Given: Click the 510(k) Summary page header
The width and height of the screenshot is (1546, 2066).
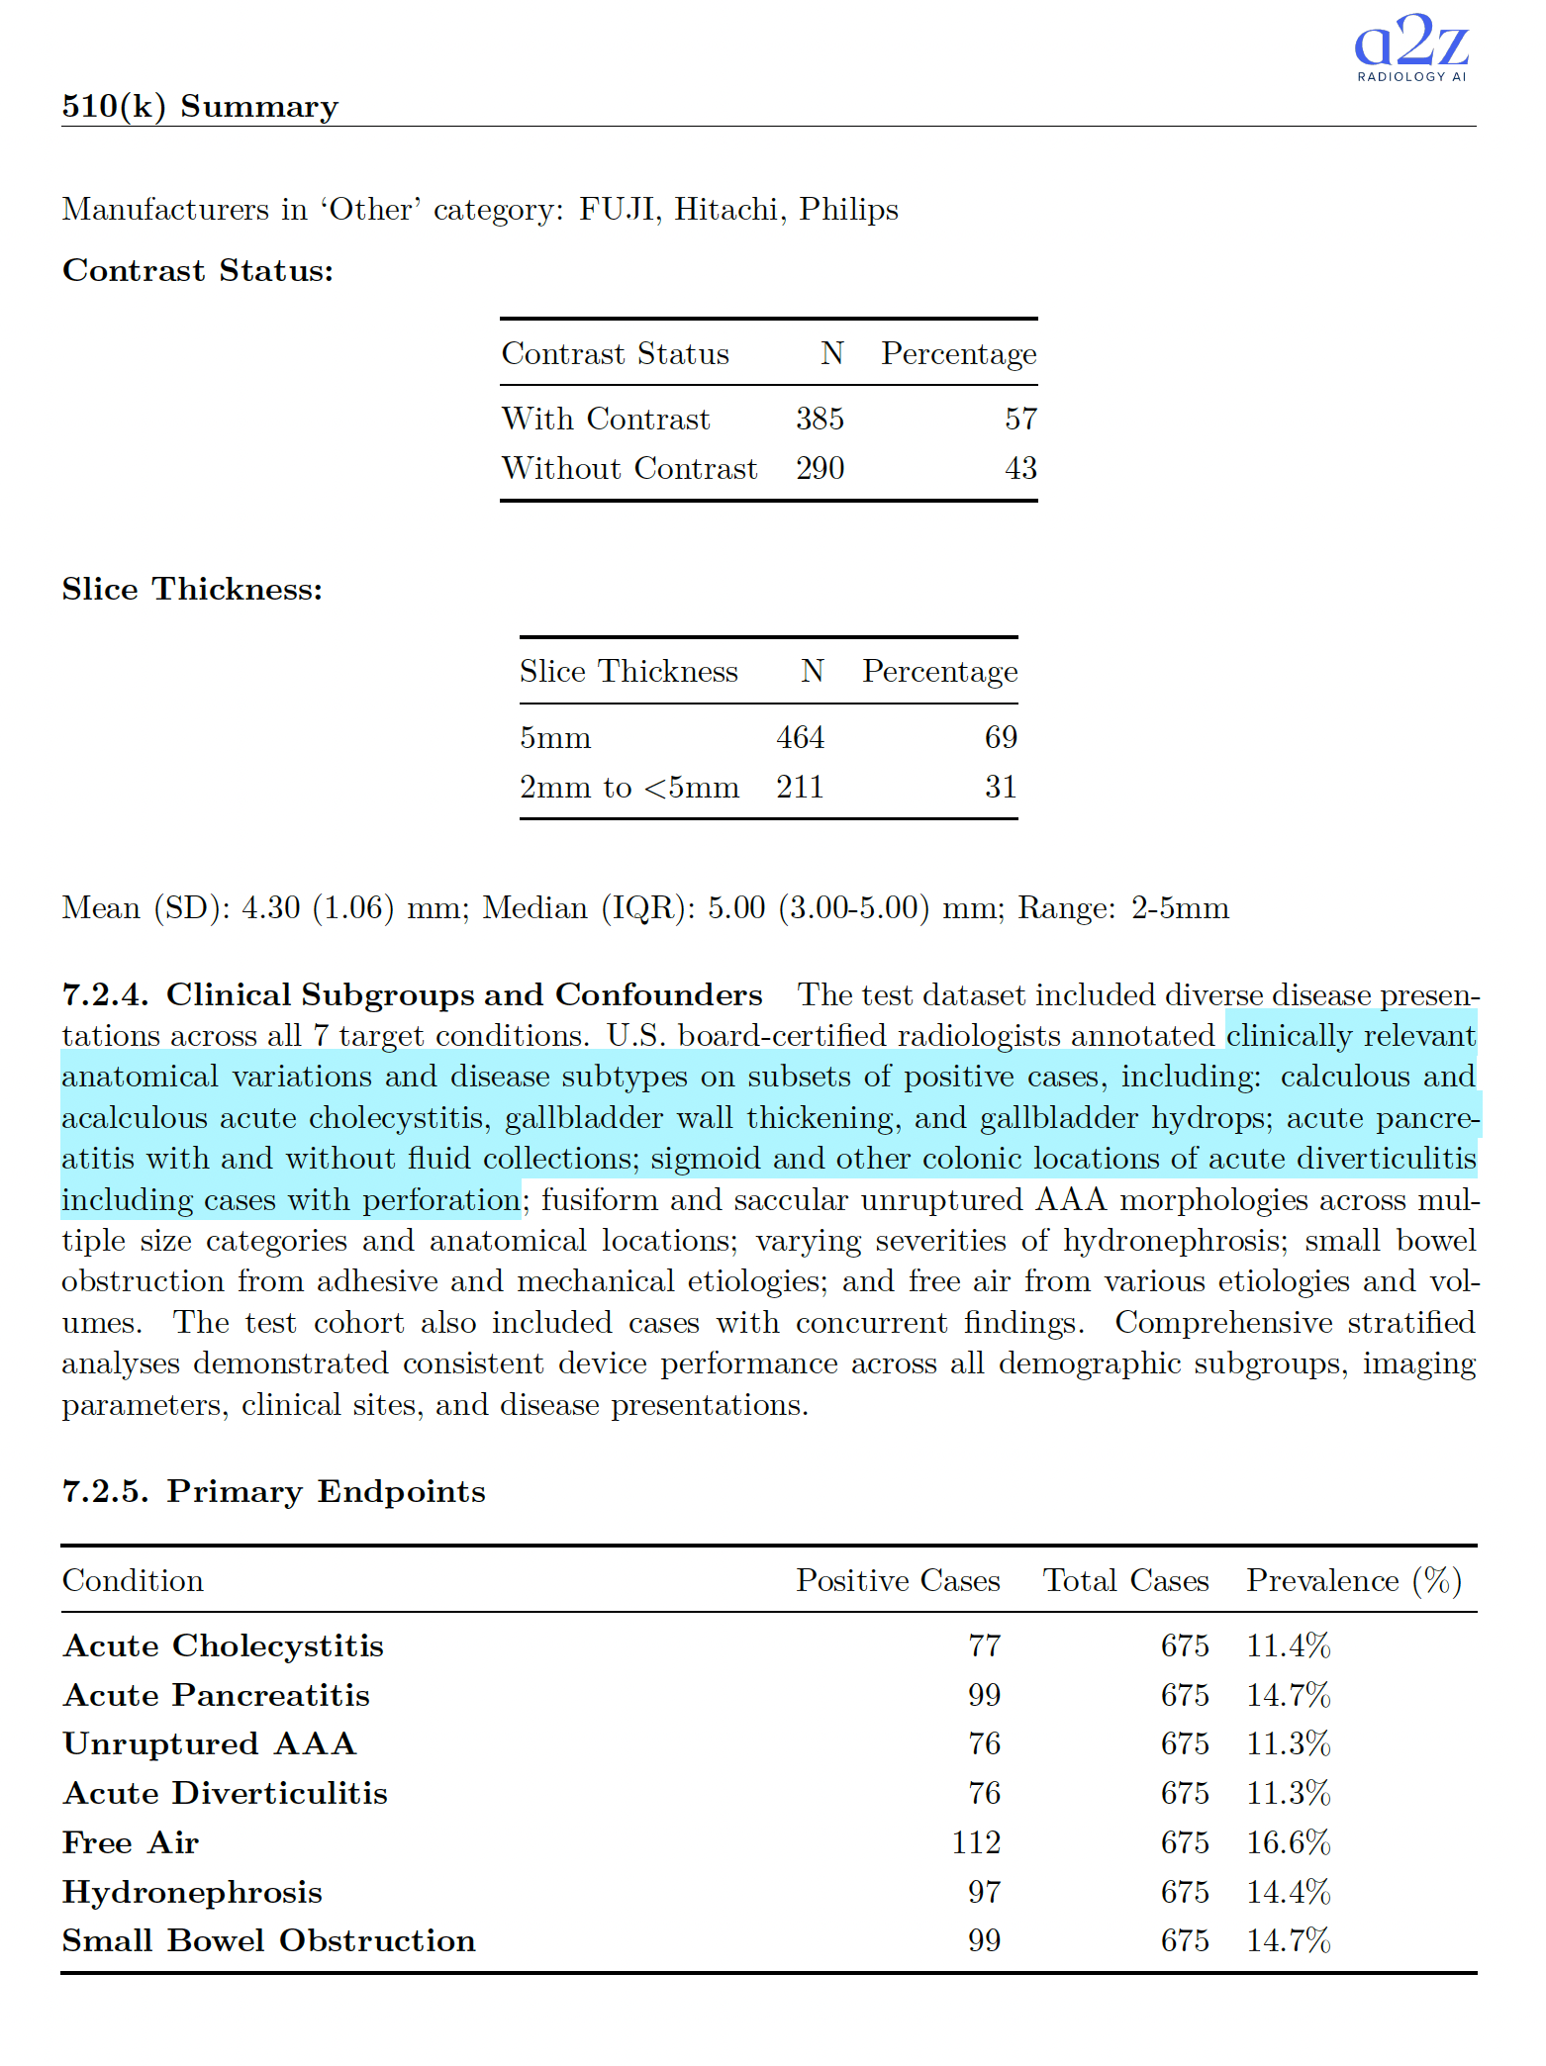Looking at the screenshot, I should click(x=200, y=106).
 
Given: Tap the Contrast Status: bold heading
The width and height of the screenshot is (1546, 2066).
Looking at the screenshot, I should click(x=198, y=270).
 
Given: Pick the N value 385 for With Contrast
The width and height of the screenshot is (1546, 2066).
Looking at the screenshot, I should click(x=820, y=419).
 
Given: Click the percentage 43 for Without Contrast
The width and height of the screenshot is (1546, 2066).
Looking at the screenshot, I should click(x=1020, y=468).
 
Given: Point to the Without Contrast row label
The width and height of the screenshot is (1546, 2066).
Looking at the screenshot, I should click(x=628, y=468).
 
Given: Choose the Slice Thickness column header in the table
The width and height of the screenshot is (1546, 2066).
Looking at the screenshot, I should click(x=628, y=672).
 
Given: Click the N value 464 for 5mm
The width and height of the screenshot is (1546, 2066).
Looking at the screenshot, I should click(x=800, y=737).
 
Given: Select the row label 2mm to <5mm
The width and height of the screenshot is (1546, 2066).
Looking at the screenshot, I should click(x=628, y=788).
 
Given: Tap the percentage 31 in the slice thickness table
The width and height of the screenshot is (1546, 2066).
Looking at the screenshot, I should click(x=1001, y=788).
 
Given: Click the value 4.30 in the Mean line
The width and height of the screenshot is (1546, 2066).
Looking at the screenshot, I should click(x=270, y=908).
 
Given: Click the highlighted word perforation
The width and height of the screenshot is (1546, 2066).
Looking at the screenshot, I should click(x=440, y=1200).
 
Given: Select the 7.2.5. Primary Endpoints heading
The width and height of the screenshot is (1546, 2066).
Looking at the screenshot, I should click(x=273, y=1491).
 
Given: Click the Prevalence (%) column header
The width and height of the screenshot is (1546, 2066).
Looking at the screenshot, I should click(x=1353, y=1580).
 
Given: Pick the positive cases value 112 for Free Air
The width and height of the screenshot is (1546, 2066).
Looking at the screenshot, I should click(x=976, y=1842).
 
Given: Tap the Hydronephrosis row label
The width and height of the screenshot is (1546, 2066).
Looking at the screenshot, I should click(x=192, y=1892).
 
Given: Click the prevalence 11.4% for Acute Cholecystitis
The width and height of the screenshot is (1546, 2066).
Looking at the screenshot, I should click(x=1288, y=1645).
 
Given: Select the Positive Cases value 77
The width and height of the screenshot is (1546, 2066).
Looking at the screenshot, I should click(x=984, y=1645).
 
